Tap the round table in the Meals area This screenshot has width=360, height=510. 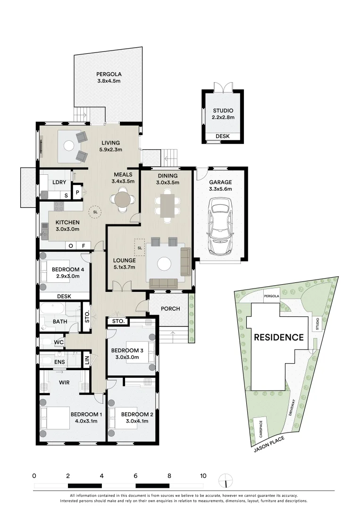tap(124, 199)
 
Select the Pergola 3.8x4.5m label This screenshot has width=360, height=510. tap(109, 77)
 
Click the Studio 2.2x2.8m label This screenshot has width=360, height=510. tap(223, 114)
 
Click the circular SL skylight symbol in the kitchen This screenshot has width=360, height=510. tap(96, 212)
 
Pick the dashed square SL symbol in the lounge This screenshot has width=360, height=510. tap(140, 246)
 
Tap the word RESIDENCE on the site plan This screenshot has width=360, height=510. tap(279, 337)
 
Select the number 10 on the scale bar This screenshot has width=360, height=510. tap(203, 476)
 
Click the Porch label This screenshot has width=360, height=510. tap(170, 309)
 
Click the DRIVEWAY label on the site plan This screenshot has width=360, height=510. tap(293, 408)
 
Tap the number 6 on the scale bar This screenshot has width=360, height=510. tap(135, 476)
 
